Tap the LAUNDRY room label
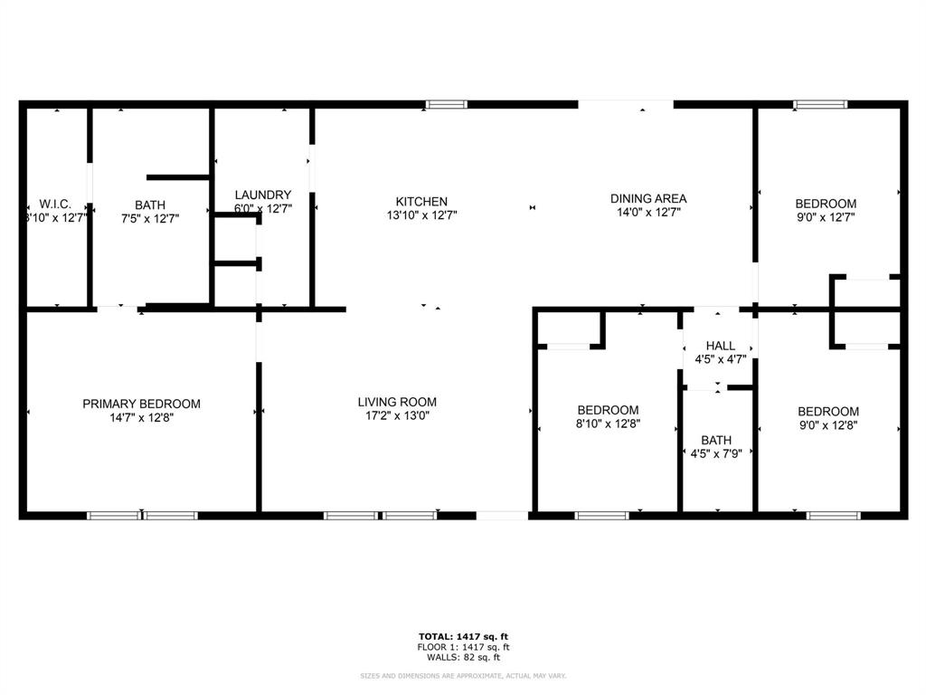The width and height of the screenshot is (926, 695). click(263, 195)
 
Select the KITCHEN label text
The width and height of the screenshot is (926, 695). click(421, 202)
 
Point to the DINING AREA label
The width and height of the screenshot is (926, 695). click(648, 198)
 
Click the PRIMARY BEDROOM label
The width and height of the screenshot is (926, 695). click(141, 404)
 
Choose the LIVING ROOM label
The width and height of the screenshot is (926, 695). click(397, 402)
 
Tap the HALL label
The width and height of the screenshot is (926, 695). click(721, 346)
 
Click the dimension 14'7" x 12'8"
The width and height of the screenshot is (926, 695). click(141, 418)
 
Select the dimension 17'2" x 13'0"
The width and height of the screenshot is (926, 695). click(397, 416)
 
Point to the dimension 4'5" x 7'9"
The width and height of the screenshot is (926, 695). click(716, 453)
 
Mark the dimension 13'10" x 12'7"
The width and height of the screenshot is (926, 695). click(421, 216)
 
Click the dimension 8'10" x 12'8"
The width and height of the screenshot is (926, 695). click(609, 424)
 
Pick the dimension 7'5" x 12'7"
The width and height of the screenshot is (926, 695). click(151, 218)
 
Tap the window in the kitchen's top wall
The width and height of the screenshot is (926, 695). click(446, 105)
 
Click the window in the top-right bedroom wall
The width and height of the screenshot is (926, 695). click(820, 105)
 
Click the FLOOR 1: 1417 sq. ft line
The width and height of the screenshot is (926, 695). click(463, 647)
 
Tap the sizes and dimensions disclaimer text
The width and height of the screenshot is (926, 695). click(463, 676)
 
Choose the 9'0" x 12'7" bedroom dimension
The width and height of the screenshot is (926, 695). click(826, 217)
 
